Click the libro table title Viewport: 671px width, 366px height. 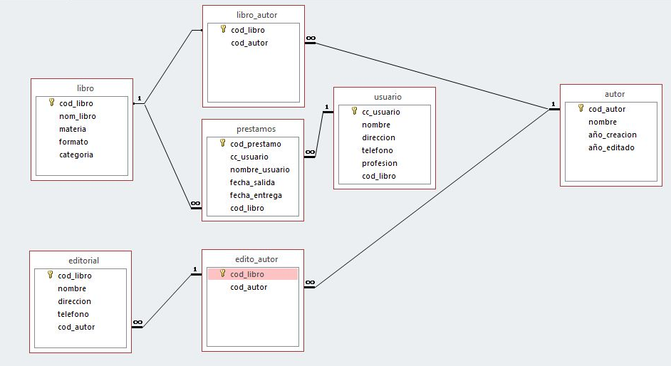pos(85,88)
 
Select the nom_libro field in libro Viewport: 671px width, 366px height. pos(77,116)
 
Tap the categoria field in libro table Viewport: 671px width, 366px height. pos(76,155)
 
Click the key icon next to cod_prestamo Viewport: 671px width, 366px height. pos(222,143)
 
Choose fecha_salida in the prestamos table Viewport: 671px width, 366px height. pos(252,182)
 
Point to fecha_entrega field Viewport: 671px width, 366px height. pos(256,195)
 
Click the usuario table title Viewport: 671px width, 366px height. pos(387,97)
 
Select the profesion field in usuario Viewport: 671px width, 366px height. pos(379,163)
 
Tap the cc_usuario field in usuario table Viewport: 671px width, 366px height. pos(380,112)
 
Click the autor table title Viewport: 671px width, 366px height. pos(614,94)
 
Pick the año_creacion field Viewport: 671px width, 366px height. pos(612,135)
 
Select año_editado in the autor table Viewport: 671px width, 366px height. pos(610,147)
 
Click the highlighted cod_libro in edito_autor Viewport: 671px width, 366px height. pos(247,274)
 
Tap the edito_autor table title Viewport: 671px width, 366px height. pos(256,259)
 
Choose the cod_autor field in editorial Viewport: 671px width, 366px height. pos(76,327)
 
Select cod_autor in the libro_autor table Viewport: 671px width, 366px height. pos(249,43)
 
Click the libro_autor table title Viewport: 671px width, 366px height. pos(256,14)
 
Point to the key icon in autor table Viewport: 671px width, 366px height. pos(581,109)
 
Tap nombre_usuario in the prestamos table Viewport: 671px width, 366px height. pos(259,169)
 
